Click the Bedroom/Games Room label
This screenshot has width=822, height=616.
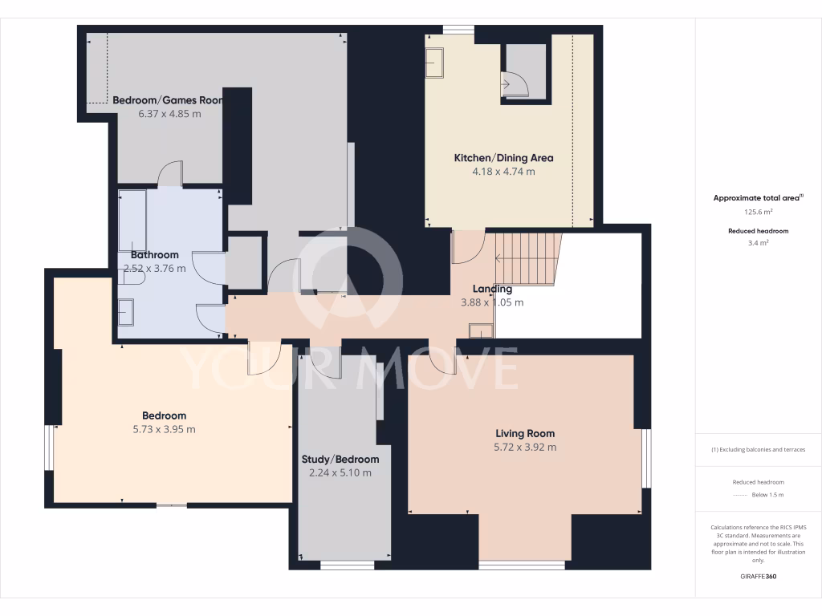point(168,100)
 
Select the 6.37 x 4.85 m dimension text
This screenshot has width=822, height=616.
point(169,114)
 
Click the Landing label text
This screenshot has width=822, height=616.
point(492,290)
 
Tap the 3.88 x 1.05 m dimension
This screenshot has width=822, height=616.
point(492,303)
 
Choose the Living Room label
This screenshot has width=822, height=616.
point(525,434)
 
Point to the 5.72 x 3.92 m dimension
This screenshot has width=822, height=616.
point(525,448)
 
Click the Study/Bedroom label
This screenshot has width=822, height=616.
point(340,460)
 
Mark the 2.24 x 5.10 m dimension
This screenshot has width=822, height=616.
point(340,473)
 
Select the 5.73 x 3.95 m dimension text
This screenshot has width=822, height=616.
point(165,429)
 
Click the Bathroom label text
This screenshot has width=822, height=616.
point(154,255)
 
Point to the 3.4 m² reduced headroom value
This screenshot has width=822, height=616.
point(759,242)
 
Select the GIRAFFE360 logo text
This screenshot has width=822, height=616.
point(759,576)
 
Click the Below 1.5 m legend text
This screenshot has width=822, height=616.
point(769,496)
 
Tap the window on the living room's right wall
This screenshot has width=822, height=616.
point(647,458)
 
